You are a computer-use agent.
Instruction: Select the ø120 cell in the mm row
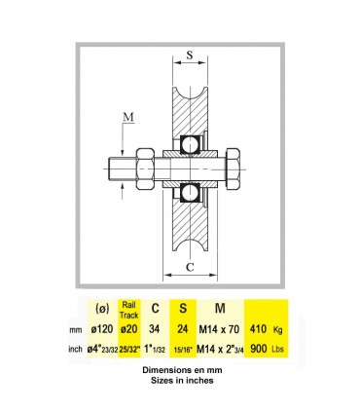click(98, 328)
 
